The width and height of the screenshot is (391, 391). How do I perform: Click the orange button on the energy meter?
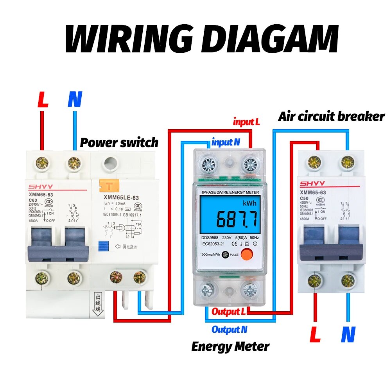(246, 255)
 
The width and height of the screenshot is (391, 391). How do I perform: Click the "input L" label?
(246, 122)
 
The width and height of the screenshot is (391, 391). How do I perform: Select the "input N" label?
(226, 142)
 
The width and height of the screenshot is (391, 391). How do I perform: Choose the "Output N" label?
(229, 330)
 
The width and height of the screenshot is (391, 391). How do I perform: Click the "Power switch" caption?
(119, 142)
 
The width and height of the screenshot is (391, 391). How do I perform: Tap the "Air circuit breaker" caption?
(331, 116)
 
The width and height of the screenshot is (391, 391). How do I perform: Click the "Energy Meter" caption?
(230, 346)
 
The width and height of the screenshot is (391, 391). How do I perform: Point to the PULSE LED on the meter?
(225, 255)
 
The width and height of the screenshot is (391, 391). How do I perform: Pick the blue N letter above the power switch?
(75, 100)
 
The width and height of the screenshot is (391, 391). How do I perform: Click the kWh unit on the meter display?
(249, 203)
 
